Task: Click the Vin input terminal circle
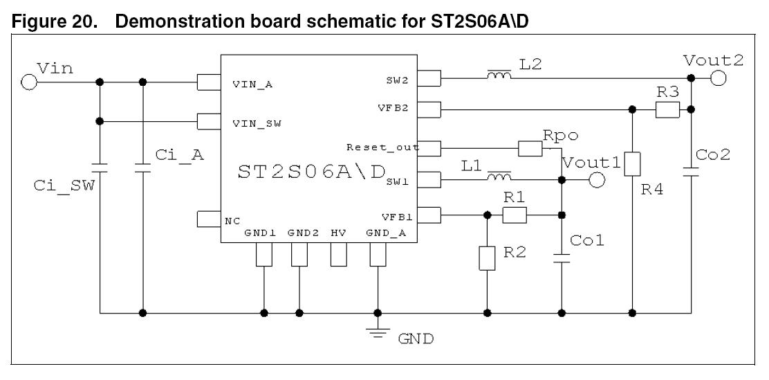tap(28, 82)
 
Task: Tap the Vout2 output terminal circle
tap(718, 79)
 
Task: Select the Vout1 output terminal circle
tap(596, 181)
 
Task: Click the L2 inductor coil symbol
tap(500, 76)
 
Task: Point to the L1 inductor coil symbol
tap(500, 178)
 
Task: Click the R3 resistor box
tap(667, 109)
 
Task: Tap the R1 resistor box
tap(515, 216)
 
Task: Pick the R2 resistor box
tap(488, 257)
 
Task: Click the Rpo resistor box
tap(530, 148)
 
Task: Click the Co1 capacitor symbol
tap(562, 259)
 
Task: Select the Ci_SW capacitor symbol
tap(100, 168)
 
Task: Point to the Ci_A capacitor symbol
tap(142, 168)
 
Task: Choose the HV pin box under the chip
tap(338, 255)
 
